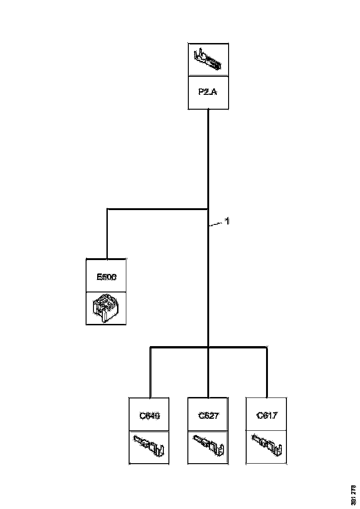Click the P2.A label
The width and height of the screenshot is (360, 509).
tap(208, 92)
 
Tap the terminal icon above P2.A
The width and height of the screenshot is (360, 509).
tap(208, 60)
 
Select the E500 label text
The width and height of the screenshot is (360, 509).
tap(106, 277)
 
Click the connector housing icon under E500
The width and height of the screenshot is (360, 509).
tap(106, 307)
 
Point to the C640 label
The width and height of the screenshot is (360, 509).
tap(149, 416)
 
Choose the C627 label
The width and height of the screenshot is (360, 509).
tap(208, 416)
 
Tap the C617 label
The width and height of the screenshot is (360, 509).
tap(267, 416)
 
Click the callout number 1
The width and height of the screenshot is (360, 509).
tap(227, 222)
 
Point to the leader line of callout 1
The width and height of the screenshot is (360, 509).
tap(216, 224)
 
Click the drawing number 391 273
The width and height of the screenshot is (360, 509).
tap(354, 494)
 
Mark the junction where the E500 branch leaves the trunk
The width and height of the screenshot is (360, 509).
tap(208, 209)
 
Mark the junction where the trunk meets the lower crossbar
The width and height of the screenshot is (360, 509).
tap(208, 346)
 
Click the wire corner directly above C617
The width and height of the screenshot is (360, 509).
tap(267, 347)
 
